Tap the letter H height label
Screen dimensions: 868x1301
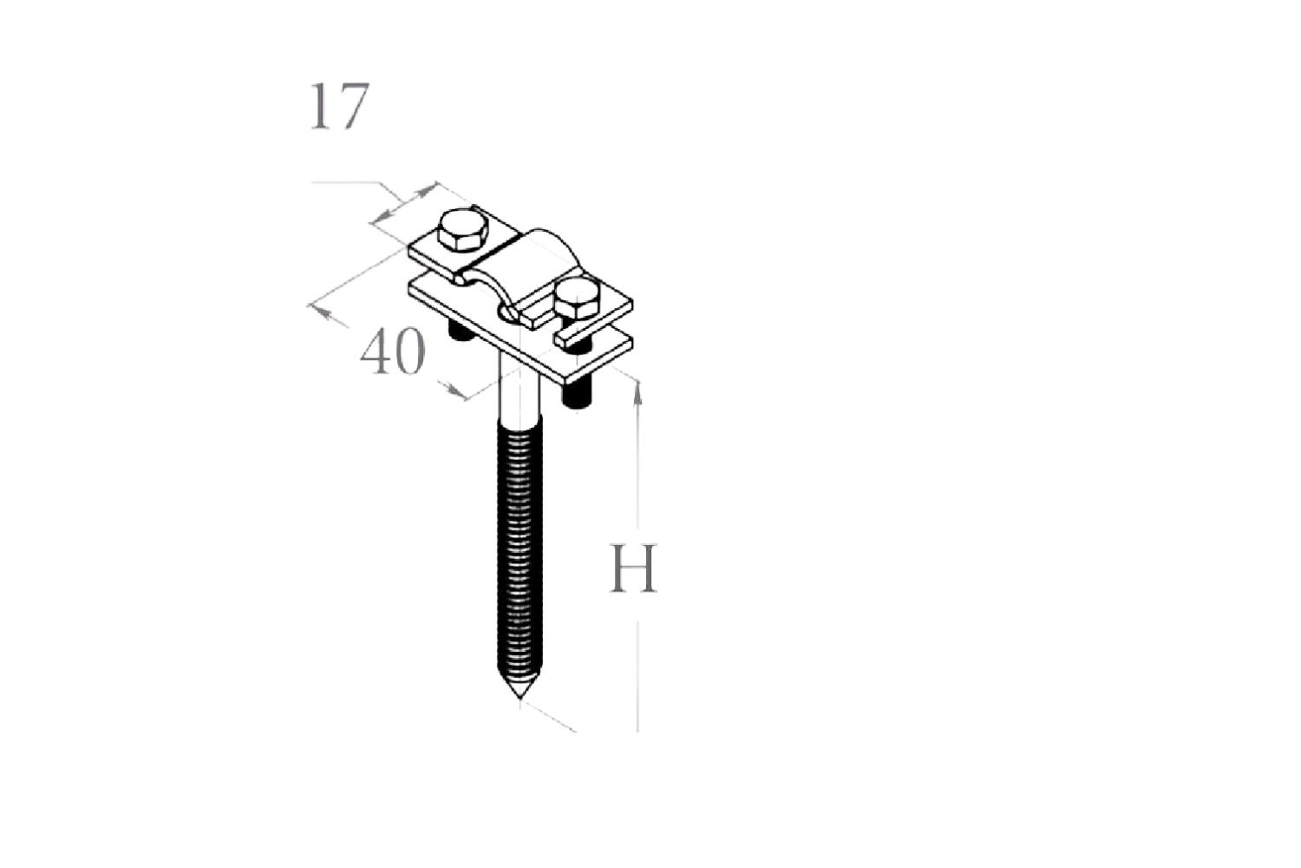coord(634,569)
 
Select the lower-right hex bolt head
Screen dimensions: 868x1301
coord(576,299)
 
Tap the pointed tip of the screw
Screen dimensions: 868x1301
coord(520,694)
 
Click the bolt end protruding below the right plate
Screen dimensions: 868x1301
coord(576,396)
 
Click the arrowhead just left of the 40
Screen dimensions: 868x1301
coord(330,314)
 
